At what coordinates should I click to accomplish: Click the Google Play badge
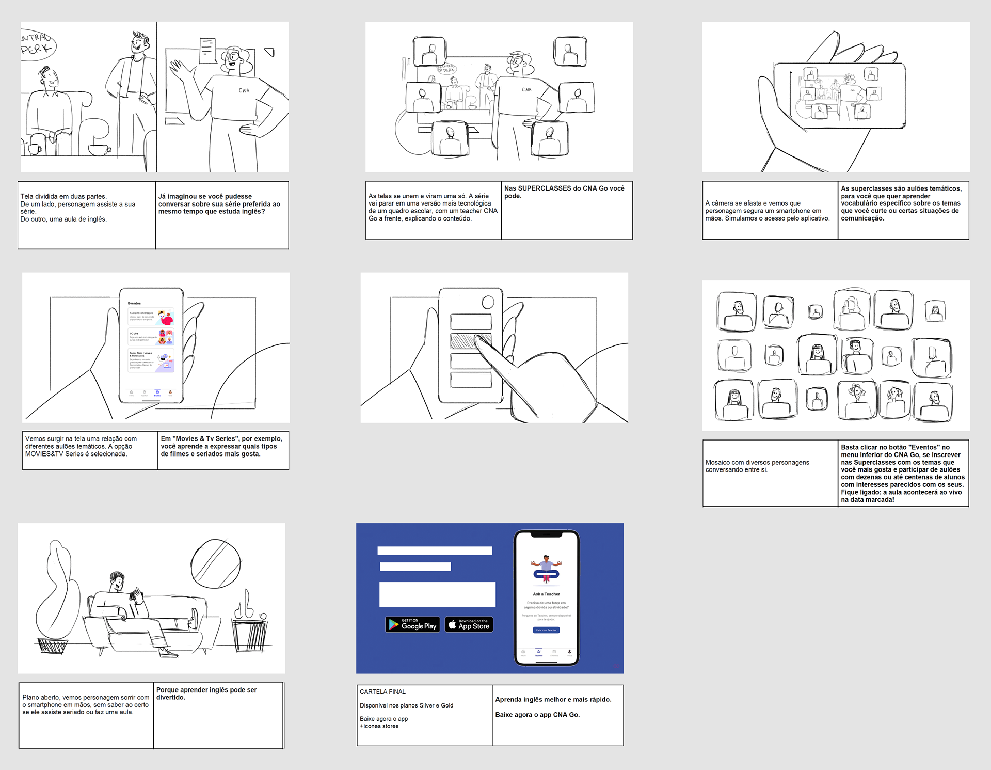[412, 624]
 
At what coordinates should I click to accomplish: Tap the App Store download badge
[469, 624]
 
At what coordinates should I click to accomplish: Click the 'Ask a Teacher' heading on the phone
[546, 594]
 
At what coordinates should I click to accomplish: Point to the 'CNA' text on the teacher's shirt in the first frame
[244, 91]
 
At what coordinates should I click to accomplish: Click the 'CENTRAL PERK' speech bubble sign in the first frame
[37, 44]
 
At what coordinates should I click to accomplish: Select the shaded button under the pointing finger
[470, 341]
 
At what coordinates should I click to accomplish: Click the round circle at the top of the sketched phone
[488, 302]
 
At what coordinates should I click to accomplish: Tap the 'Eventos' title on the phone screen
[134, 303]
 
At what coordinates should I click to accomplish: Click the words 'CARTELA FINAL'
[382, 692]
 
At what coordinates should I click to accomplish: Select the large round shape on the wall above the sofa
[215, 563]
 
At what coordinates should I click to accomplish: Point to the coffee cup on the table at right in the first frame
[99, 149]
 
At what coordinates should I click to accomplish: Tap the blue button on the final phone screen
[546, 630]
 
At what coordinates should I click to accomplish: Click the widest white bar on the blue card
[437, 594]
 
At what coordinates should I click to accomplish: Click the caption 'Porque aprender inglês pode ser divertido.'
[206, 694]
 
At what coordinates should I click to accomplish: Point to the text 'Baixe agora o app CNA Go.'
[537, 715]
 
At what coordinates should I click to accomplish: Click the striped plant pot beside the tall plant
[53, 646]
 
